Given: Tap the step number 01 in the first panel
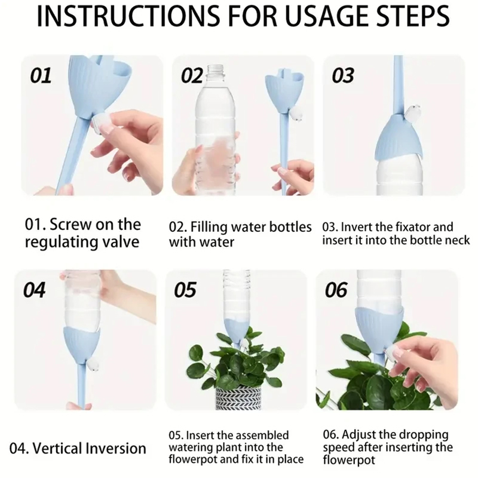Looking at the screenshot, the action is tap(41, 76).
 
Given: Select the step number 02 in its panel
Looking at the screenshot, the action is tap(192, 76).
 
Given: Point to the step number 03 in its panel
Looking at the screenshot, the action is tap(343, 76).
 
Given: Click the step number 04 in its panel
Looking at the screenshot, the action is tap(35, 290).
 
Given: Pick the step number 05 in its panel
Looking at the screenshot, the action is tap(185, 290).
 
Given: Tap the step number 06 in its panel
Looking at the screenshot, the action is tap(336, 290).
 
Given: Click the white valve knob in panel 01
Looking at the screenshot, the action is tap(100, 124).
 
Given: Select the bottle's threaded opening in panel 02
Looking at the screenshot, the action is tap(217, 70).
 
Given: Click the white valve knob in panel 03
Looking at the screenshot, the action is tap(412, 112).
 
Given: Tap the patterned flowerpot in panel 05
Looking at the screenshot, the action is tap(238, 397).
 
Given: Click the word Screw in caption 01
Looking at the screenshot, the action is tap(71, 225).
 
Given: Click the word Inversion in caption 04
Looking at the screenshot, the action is tap(116, 449).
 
